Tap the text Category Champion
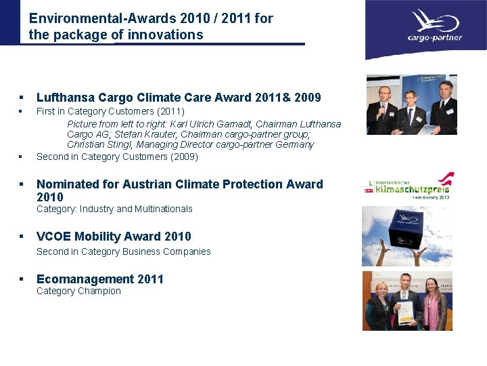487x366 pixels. tap(78, 291)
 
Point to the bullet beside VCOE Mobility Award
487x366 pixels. tap(22, 237)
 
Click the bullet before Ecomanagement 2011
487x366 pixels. tap(22, 279)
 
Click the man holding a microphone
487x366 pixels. tap(383, 108)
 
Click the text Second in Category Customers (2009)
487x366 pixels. tap(117, 157)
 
